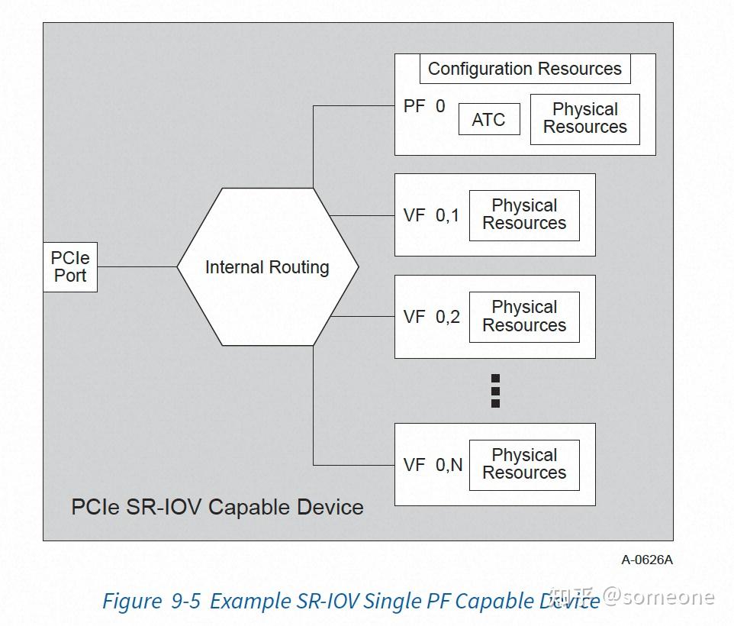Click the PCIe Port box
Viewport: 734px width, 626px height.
70,267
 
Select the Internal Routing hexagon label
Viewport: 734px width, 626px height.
267,267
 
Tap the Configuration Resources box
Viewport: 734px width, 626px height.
525,69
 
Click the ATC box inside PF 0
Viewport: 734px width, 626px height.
489,119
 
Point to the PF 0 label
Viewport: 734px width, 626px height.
424,106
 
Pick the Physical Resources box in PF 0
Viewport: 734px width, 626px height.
584,119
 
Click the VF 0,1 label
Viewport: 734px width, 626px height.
431,215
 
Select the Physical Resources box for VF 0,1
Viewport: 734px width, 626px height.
524,215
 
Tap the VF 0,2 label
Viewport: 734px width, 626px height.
431,317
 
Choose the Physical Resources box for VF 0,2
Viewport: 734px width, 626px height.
524,317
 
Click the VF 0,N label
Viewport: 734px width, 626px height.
433,465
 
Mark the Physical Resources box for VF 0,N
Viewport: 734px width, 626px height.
524,465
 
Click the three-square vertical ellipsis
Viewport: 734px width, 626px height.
495,391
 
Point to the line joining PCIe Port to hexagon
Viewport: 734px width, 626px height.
137,267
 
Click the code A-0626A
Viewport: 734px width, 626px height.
647,560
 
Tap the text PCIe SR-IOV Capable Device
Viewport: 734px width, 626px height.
217,507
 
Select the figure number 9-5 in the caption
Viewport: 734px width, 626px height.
186,601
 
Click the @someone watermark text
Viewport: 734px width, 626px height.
659,597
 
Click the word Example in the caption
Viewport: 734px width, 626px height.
250,602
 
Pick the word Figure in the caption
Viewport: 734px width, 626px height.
132,602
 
